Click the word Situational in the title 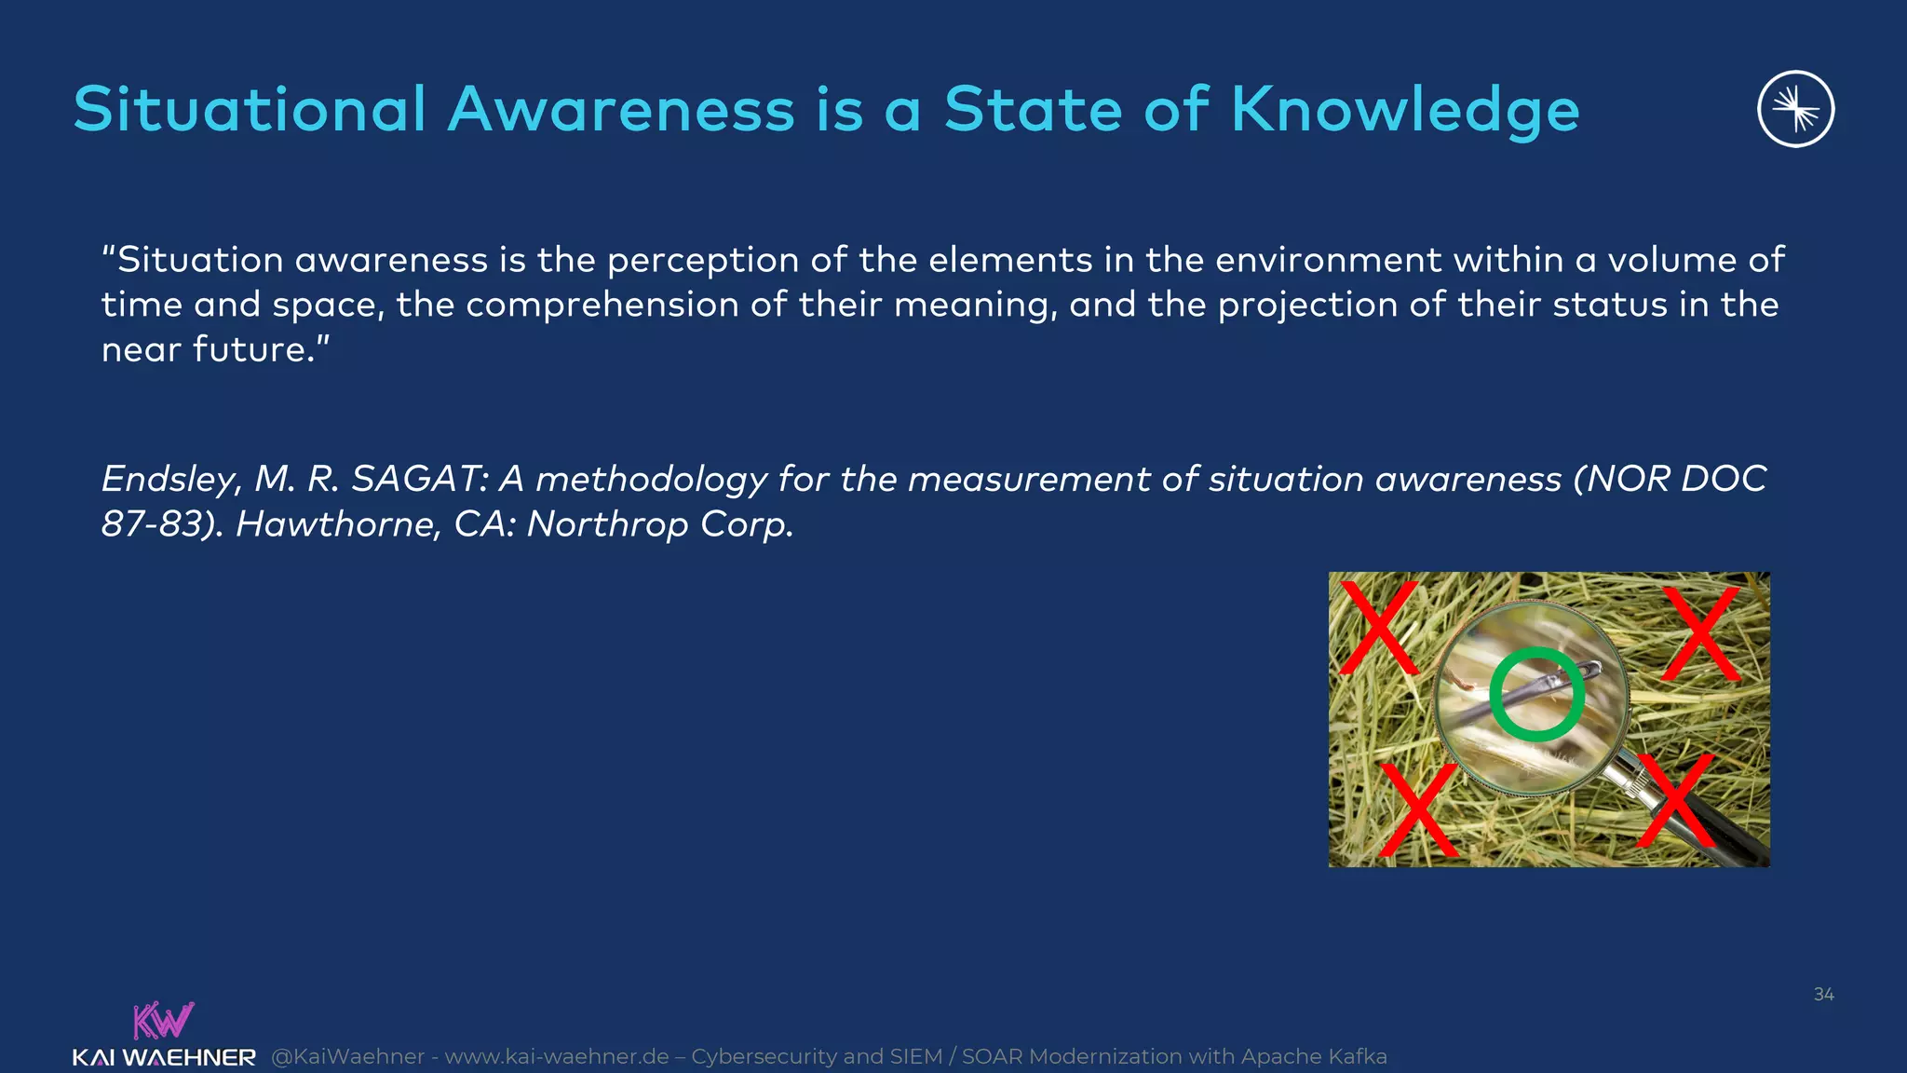(x=250, y=110)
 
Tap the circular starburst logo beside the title (x=1795, y=109)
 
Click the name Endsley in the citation (x=169, y=480)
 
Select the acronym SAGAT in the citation (x=417, y=479)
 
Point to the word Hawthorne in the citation (x=337, y=524)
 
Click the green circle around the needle (x=1536, y=695)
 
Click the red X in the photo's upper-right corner (x=1701, y=633)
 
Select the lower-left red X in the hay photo (x=1418, y=808)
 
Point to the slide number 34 (x=1823, y=995)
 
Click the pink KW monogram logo (x=163, y=1020)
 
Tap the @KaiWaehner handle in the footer (x=348, y=1057)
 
